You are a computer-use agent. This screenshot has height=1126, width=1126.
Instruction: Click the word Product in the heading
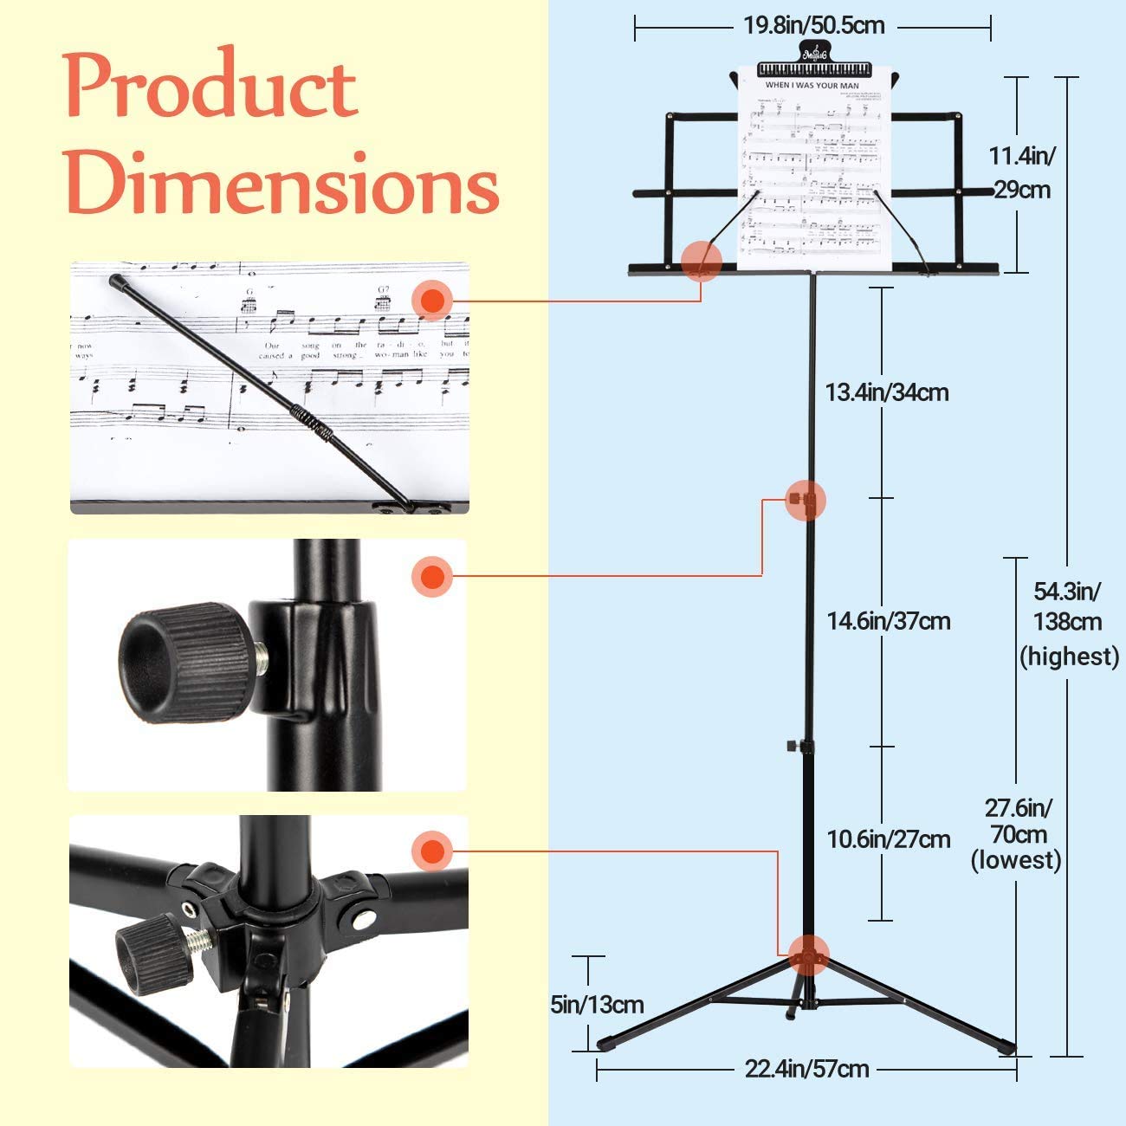(211, 87)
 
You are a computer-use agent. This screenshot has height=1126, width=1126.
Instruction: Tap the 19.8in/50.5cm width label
(813, 25)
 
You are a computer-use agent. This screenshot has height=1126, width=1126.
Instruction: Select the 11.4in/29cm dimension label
(1022, 172)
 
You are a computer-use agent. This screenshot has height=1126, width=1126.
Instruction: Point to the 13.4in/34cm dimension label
(887, 392)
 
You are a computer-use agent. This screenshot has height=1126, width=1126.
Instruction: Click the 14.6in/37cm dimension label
(888, 621)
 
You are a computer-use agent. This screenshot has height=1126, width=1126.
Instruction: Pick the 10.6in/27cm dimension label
(888, 838)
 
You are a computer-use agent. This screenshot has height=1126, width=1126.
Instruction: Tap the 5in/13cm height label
(597, 1004)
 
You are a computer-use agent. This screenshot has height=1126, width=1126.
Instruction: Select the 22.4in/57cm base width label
(806, 1069)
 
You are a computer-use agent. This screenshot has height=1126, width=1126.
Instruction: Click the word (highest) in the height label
(1069, 656)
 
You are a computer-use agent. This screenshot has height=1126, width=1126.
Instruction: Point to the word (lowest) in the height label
(1015, 860)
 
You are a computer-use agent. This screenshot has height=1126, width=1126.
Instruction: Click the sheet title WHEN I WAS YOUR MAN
(812, 85)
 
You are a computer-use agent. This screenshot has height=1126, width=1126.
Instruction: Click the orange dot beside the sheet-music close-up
(431, 301)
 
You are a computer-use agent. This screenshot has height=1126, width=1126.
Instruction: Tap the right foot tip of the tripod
(1006, 1046)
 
